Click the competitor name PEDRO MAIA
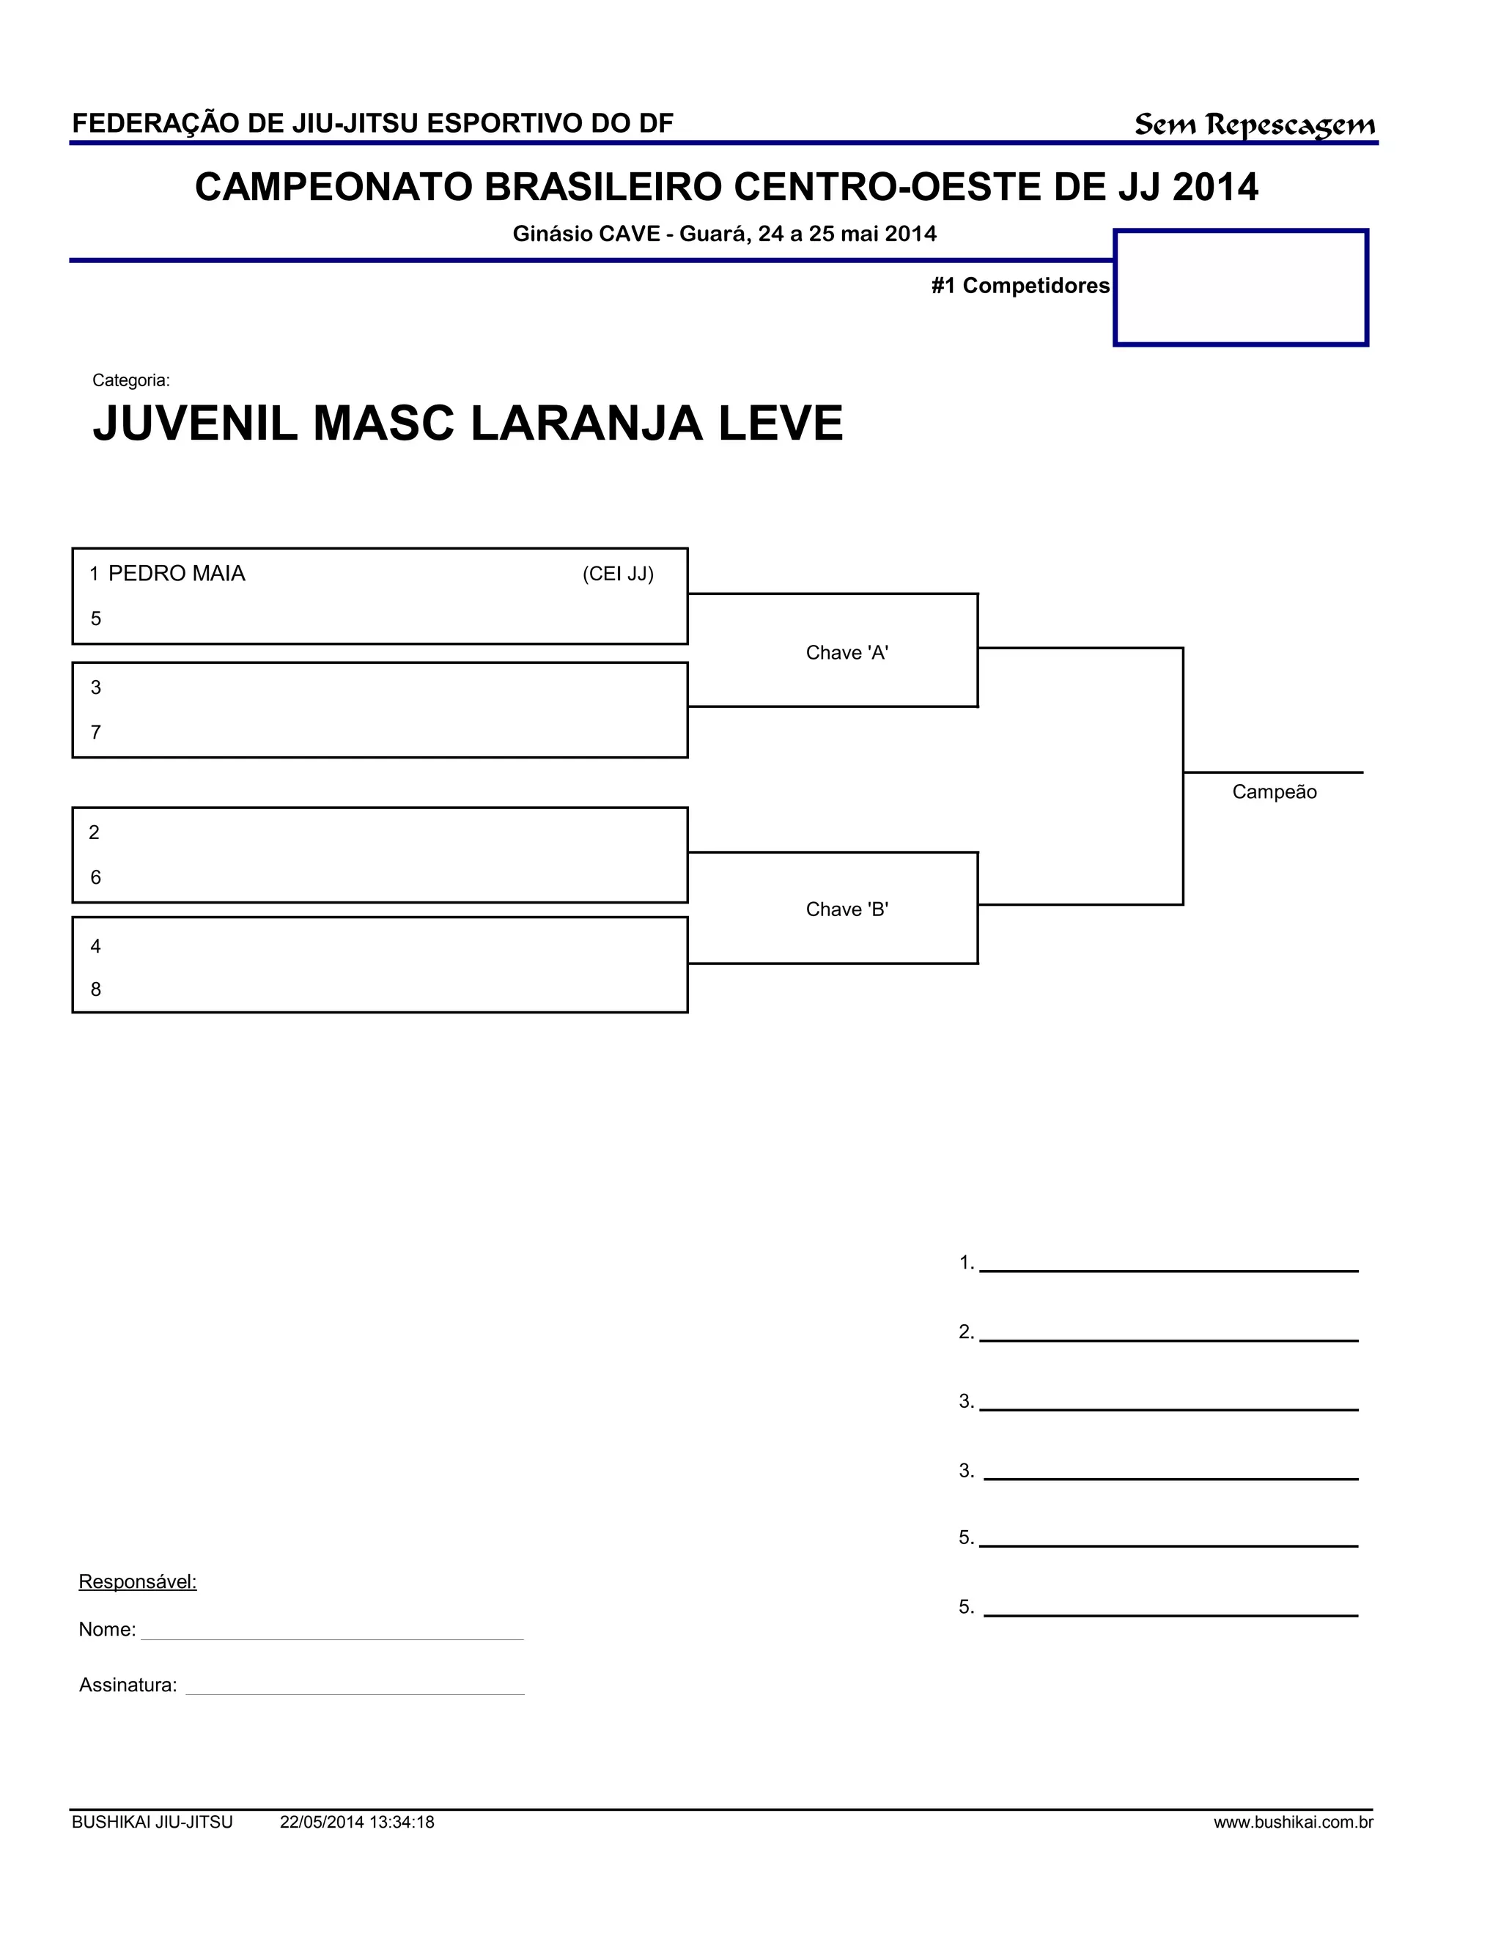(176, 574)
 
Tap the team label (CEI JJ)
(618, 575)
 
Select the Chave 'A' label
(847, 653)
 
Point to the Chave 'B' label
(847, 909)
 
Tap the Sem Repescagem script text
(1254, 125)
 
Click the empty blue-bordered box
(1241, 287)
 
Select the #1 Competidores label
(1020, 285)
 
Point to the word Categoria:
(130, 380)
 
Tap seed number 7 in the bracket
(96, 733)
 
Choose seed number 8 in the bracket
(96, 989)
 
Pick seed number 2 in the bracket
(95, 833)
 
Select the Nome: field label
(107, 1630)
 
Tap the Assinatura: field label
(128, 1685)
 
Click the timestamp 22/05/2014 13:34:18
(357, 1822)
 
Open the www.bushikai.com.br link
(1293, 1822)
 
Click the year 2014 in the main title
(1214, 188)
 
